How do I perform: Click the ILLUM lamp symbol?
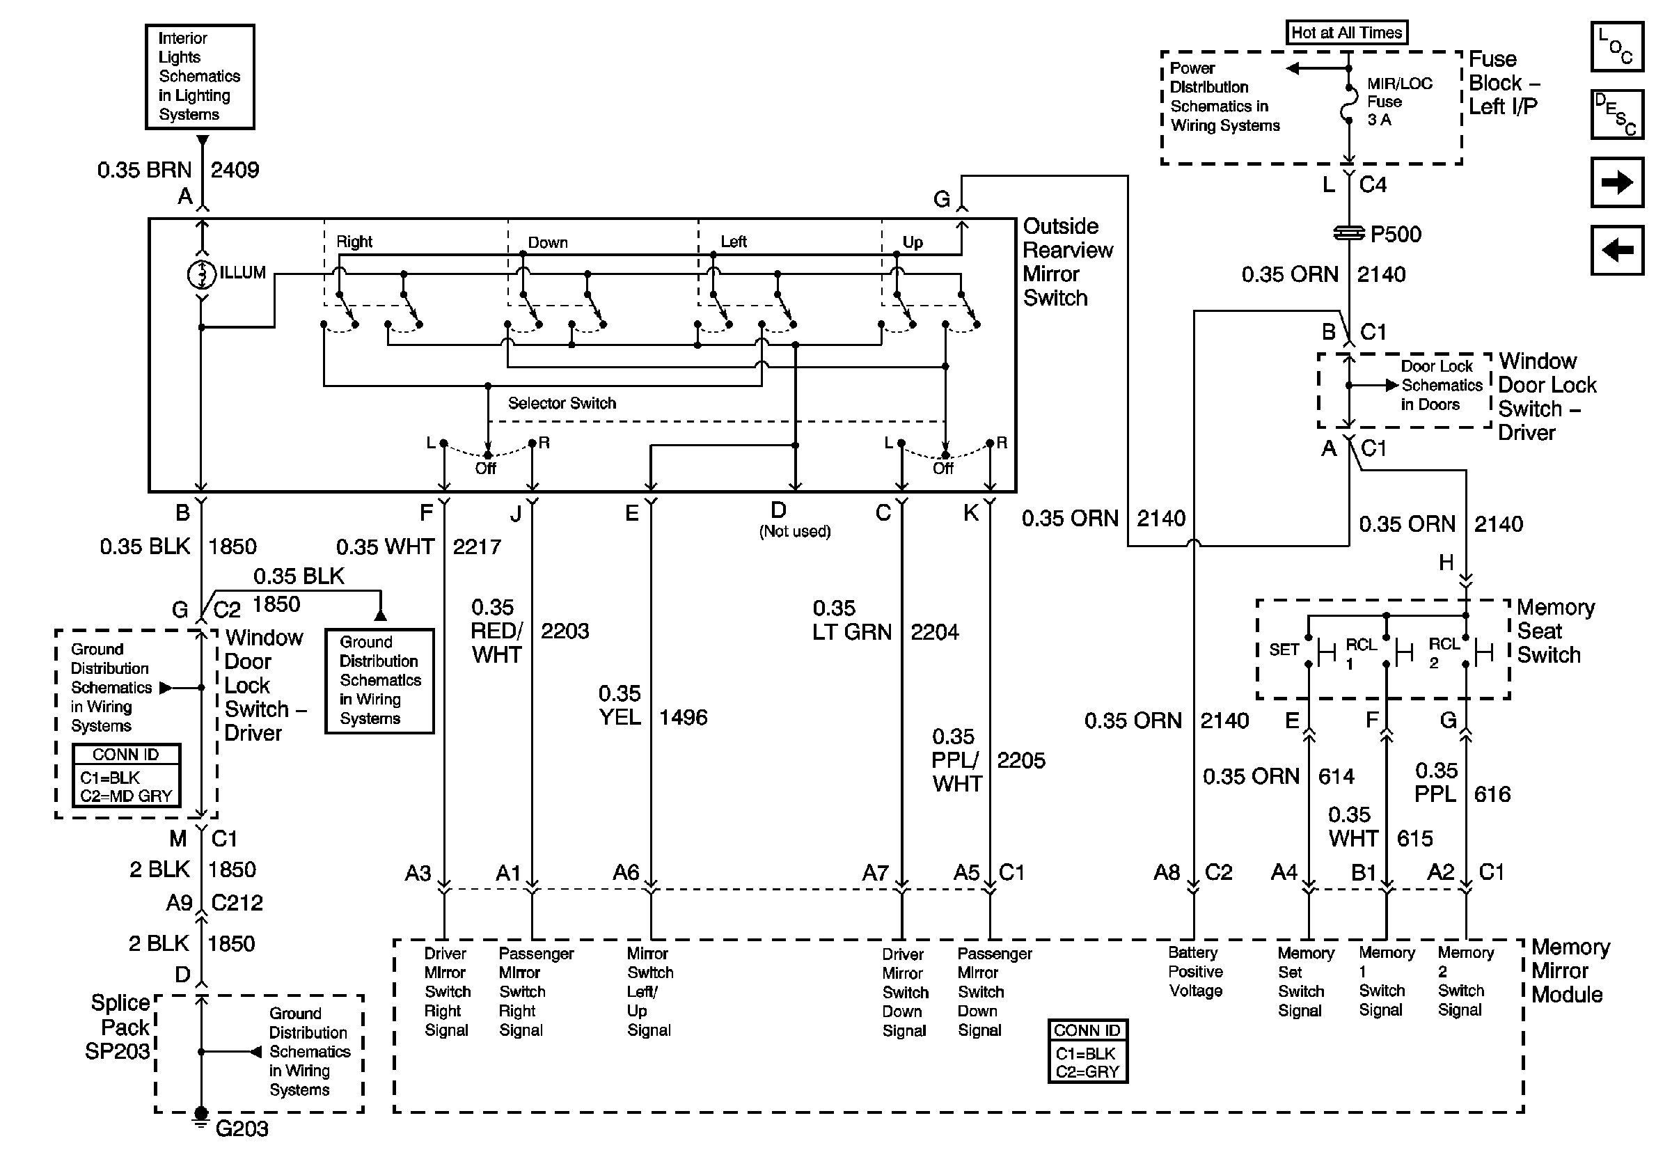[x=202, y=274]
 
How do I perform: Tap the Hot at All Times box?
[x=1346, y=33]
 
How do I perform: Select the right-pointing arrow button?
[x=1616, y=182]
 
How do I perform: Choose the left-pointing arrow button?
[x=1616, y=251]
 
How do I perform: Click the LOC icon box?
[x=1616, y=47]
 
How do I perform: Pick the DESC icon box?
[x=1616, y=114]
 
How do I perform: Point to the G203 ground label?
[x=242, y=1128]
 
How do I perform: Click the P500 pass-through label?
[x=1395, y=235]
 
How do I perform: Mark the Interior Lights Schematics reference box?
[x=200, y=77]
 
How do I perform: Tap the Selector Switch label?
[x=562, y=403]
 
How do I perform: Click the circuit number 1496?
[x=683, y=718]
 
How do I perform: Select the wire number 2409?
[x=235, y=171]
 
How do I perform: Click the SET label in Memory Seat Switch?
[x=1284, y=650]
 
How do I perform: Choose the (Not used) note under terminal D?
[x=794, y=532]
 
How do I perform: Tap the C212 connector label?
[x=237, y=903]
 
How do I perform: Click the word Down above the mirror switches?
[x=548, y=242]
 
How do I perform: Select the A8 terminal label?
[x=1166, y=872]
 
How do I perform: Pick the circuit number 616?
[x=1492, y=794]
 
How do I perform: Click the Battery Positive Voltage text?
[x=1195, y=971]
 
